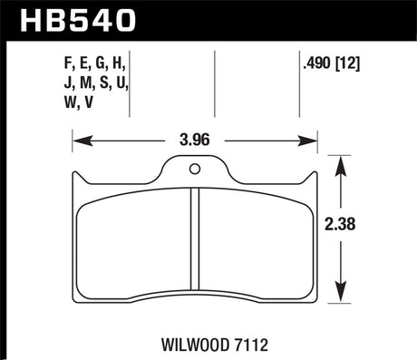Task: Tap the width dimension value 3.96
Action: tap(195, 141)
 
